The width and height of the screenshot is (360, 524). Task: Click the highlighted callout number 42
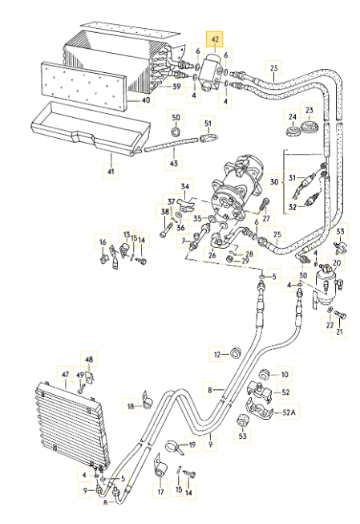pyautogui.click(x=215, y=39)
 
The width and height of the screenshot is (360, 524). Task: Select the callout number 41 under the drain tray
pyautogui.click(x=111, y=172)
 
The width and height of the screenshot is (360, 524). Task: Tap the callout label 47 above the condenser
pyautogui.click(x=65, y=374)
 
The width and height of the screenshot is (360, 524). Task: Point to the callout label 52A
pyautogui.click(x=289, y=412)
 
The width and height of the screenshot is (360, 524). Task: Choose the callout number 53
pyautogui.click(x=243, y=436)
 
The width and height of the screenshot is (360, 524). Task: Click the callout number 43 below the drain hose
pyautogui.click(x=174, y=164)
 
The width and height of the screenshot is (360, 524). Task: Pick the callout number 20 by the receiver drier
pyautogui.click(x=337, y=263)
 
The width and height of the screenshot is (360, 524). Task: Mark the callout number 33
pyautogui.click(x=340, y=231)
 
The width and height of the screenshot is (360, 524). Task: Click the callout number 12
pyautogui.click(x=217, y=355)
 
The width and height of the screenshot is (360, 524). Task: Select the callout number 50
pyautogui.click(x=176, y=117)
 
